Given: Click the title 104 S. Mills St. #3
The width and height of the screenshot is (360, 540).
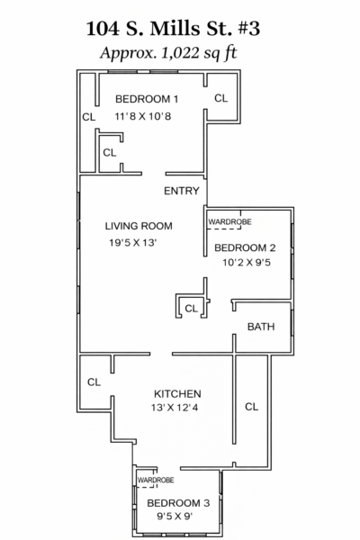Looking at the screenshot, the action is [173, 28].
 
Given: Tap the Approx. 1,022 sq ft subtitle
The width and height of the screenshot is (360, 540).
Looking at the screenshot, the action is [168, 53].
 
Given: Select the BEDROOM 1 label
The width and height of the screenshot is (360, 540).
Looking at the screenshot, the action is [147, 99].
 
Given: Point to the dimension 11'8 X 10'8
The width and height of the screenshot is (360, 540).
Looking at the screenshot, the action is [143, 116].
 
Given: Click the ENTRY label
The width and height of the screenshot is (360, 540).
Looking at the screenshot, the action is [182, 191].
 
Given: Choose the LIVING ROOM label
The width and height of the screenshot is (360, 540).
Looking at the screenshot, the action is [139, 226].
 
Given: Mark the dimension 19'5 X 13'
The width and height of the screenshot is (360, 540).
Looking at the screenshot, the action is [133, 243].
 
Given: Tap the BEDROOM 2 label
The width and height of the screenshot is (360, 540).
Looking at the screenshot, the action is [245, 248].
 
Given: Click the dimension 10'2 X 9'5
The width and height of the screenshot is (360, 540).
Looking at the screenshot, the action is [247, 263].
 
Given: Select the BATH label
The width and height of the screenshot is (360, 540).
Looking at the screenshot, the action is [261, 327].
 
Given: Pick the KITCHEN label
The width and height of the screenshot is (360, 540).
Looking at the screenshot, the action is [177, 393].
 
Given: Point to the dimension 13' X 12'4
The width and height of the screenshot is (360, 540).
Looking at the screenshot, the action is [175, 408].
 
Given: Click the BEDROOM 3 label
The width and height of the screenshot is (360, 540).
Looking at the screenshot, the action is [178, 503].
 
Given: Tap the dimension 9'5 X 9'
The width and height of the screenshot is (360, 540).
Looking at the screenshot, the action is [175, 517].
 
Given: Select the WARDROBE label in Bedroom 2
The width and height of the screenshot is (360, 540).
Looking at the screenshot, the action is [229, 221].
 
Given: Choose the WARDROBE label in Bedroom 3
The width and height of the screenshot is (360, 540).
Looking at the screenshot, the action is [156, 480].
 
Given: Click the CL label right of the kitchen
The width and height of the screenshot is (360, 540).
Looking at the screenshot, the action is [251, 407].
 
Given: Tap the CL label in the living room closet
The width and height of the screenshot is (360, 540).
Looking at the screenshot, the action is [191, 308].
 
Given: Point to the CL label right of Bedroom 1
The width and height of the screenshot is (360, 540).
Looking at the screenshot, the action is [220, 98].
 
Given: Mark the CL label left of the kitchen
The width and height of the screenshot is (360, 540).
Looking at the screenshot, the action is [94, 382].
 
